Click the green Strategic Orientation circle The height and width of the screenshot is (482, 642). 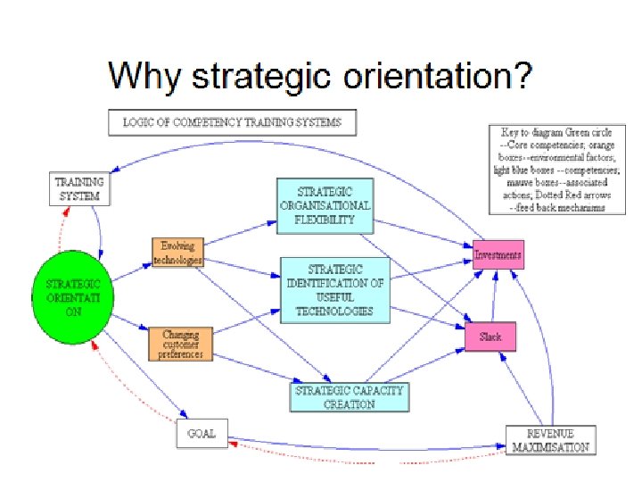pos(71,292)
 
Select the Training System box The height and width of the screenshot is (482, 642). pos(78,188)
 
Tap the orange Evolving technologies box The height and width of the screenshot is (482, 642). pos(178,252)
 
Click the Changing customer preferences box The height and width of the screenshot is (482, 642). pos(182,345)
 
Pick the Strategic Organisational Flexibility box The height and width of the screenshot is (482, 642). pos(325,205)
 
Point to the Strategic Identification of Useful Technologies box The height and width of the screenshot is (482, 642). pos(335,289)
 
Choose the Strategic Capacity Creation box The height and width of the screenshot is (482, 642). pos(349,397)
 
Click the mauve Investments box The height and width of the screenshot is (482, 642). pos(498,255)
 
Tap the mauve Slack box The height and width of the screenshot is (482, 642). pos(490,337)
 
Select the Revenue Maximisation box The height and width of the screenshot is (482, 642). pos(550,439)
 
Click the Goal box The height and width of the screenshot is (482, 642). pos(202,433)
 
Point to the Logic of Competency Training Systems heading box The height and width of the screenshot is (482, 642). pos(231,122)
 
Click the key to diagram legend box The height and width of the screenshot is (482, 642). pos(550,169)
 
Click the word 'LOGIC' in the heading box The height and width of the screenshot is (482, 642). pos(140,122)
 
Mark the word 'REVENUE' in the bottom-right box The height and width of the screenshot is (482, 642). pos(550,432)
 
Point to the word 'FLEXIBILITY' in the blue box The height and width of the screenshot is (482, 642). pos(325,219)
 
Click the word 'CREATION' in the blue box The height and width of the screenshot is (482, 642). pos(349,404)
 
